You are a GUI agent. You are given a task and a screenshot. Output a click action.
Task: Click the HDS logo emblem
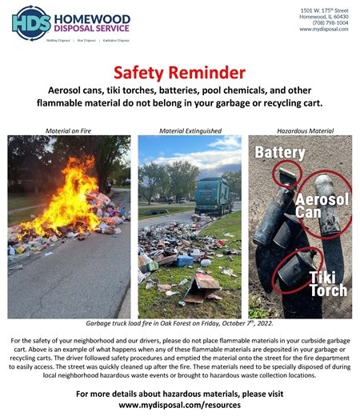pyautogui.click(x=30, y=22)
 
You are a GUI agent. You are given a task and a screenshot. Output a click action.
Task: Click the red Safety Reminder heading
pyautogui.click(x=179, y=74)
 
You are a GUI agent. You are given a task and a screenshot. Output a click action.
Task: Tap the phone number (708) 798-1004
pyautogui.click(x=325, y=23)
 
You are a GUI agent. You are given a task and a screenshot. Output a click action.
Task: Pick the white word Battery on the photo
pyautogui.click(x=280, y=152)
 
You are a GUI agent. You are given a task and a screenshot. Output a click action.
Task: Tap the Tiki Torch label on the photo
pyautogui.click(x=327, y=281)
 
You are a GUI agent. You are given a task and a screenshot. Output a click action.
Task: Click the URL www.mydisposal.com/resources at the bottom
pyautogui.click(x=179, y=405)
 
